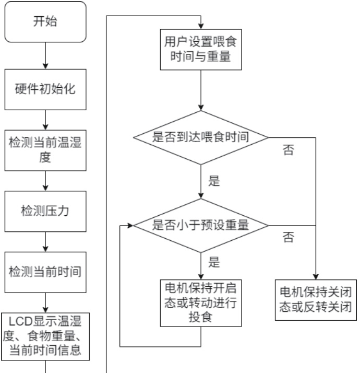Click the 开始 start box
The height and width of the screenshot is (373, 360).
point(45,22)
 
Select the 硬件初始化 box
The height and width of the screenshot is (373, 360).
point(45,89)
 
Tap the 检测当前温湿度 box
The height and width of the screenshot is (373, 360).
point(45,149)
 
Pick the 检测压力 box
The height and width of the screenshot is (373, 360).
point(45,212)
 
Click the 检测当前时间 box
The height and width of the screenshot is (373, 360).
point(45,272)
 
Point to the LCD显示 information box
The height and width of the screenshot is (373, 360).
point(45,335)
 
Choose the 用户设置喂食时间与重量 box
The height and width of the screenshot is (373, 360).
point(201,50)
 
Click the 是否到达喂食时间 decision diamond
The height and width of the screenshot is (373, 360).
point(201,138)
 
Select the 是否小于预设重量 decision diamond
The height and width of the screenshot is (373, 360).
point(201,226)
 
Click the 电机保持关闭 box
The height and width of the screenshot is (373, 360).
point(316,299)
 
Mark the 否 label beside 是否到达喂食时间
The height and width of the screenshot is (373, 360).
point(288,151)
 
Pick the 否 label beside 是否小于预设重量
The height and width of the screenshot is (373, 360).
point(288,239)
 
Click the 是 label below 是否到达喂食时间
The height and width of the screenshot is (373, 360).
point(214,182)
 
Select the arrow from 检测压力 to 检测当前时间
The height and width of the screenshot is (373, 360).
point(45,241)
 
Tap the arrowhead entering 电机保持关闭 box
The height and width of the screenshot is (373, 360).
point(316,277)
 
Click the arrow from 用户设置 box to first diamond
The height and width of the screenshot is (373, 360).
point(201,90)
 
